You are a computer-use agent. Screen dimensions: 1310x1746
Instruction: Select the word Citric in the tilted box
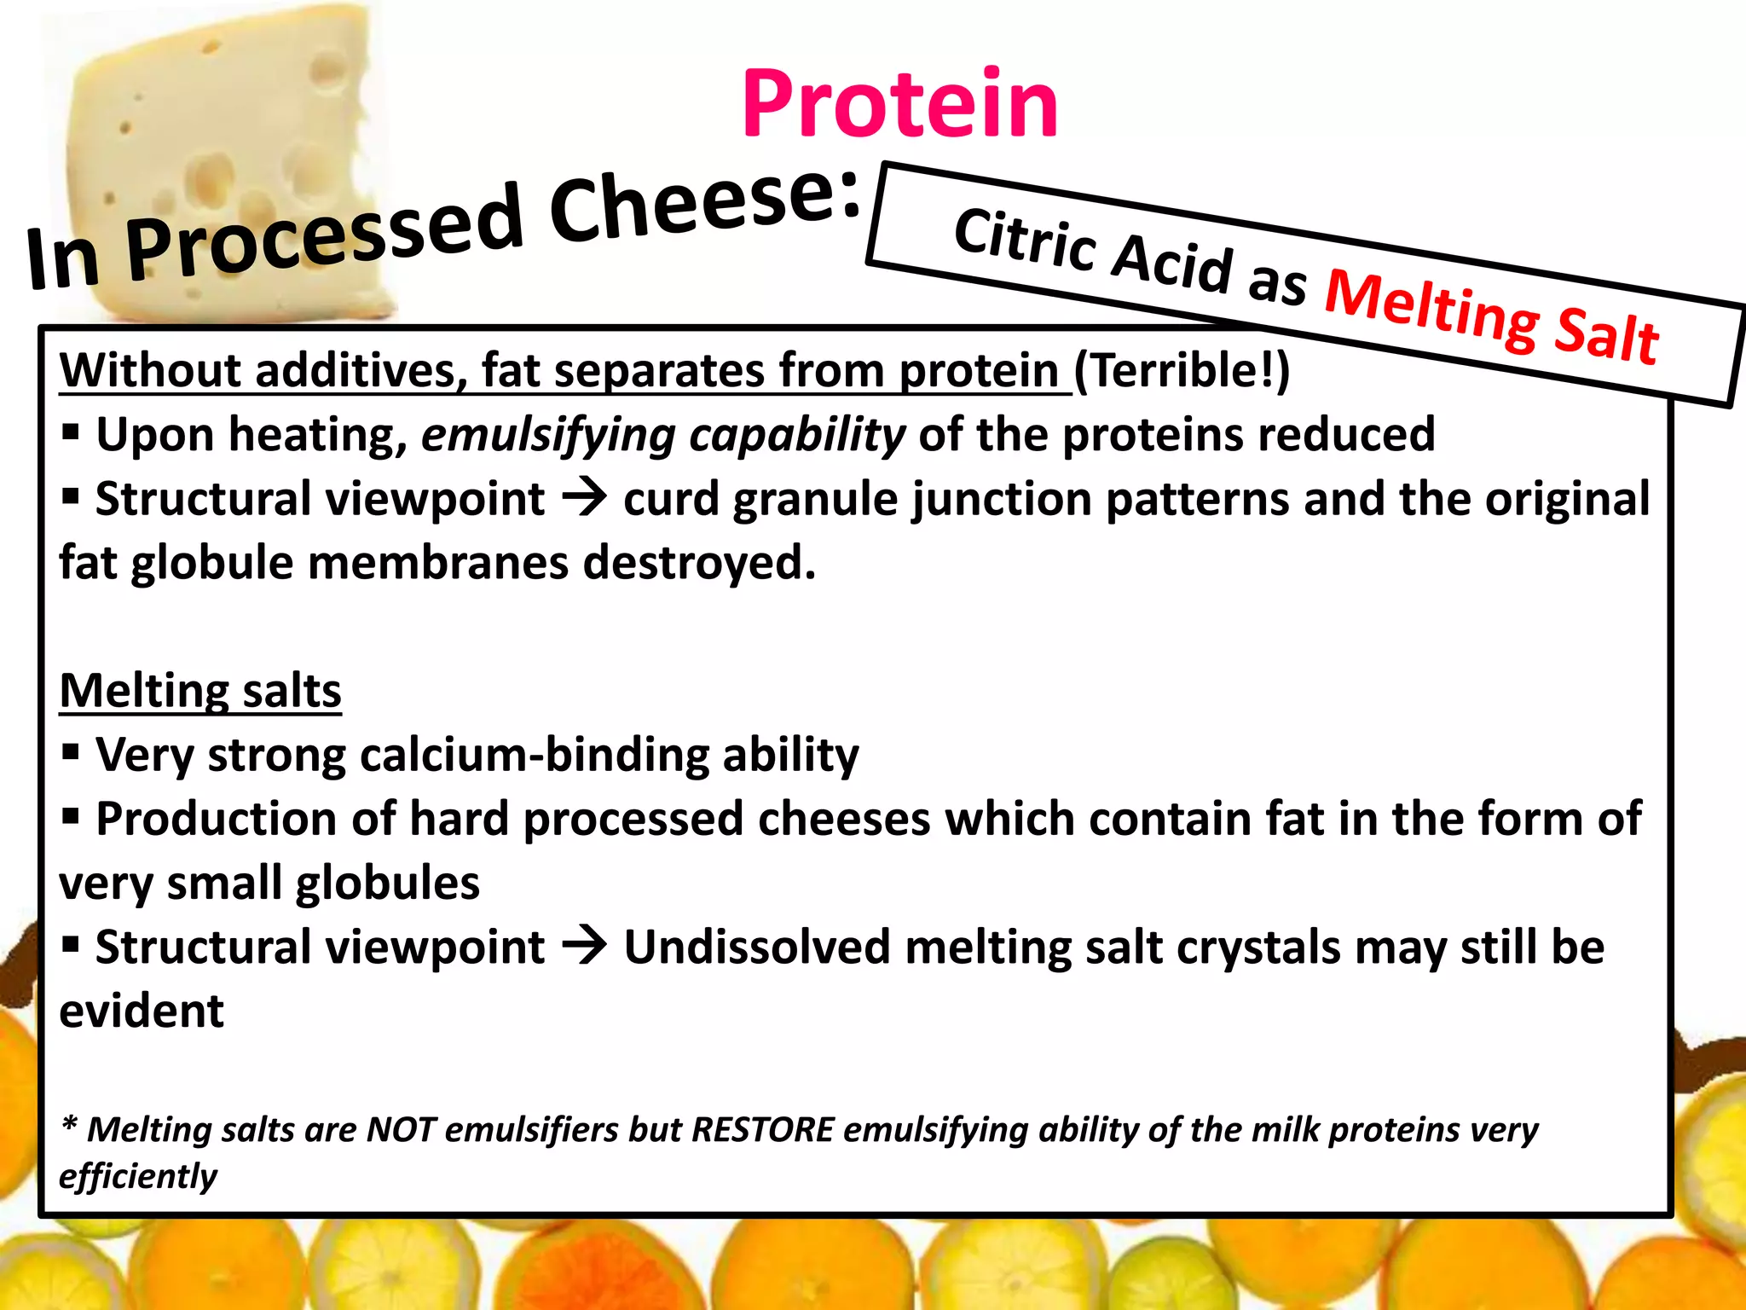[1024, 241]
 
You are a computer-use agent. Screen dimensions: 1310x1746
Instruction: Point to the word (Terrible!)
[1182, 371]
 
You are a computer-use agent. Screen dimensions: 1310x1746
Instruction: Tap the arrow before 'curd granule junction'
[584, 498]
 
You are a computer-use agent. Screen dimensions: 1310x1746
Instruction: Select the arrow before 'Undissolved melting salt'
[584, 947]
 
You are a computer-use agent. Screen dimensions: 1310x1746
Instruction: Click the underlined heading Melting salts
[200, 691]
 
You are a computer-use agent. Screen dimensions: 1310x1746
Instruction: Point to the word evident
[142, 1011]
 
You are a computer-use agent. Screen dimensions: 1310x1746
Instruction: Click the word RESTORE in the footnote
[762, 1130]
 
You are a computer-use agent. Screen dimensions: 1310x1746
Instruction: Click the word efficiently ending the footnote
[138, 1177]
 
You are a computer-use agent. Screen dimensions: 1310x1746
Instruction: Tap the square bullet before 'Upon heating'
[71, 433]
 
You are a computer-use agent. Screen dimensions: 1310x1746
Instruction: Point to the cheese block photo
[230, 128]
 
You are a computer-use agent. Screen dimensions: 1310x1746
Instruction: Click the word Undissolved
[757, 948]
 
